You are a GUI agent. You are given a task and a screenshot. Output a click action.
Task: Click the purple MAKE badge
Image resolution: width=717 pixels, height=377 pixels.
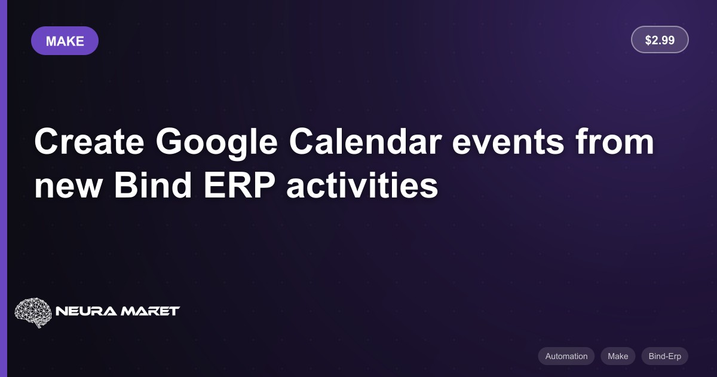pos(65,41)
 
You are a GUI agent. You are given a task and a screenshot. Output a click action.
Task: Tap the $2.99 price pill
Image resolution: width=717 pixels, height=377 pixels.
pos(660,39)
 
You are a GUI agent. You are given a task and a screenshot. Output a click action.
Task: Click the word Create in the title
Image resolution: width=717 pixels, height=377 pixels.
pos(89,141)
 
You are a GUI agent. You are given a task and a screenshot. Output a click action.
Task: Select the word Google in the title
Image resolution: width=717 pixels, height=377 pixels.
pos(217,143)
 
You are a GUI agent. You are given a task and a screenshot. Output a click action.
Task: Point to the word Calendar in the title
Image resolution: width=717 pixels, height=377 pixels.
pos(365,141)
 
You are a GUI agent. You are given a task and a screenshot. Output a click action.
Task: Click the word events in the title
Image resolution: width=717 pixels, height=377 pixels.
pos(508,143)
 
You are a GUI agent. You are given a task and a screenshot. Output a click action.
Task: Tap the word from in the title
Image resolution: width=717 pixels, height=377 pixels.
pos(615,141)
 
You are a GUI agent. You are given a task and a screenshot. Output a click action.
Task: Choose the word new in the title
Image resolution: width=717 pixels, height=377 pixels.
pos(68,187)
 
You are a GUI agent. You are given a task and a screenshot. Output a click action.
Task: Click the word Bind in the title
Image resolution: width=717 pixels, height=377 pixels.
pos(153,185)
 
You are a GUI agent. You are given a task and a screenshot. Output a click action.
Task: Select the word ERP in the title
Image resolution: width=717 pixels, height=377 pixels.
pos(240,185)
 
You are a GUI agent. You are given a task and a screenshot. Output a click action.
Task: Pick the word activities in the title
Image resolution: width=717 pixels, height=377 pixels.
pos(362,185)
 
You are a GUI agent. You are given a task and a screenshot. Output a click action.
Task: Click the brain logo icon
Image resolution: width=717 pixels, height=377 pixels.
pos(33,312)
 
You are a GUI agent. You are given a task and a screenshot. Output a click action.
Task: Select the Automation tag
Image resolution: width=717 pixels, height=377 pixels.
pos(566,356)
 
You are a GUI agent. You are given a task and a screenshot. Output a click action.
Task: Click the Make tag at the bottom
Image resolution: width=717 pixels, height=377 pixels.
pos(618,356)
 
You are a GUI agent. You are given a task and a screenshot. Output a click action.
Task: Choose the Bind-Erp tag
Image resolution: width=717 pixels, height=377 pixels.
pos(665,356)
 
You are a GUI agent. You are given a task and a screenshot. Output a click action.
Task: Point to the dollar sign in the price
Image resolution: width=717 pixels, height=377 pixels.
pos(648,40)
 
